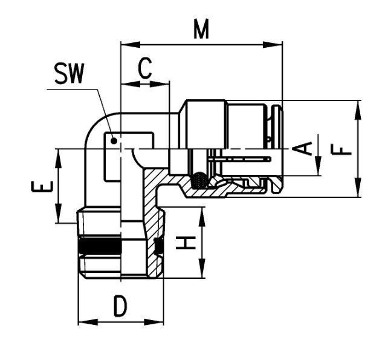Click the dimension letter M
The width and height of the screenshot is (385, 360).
coord(201,29)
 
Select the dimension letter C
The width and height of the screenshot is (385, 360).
coord(145,68)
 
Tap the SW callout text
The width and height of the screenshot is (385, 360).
coord(70,73)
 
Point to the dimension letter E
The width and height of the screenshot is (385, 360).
coord(42,186)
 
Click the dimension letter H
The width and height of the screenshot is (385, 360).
coord(186,243)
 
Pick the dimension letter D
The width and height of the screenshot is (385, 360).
coord(120,306)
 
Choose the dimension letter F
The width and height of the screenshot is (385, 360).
coord(341,149)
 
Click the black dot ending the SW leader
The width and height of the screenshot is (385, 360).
coord(114,141)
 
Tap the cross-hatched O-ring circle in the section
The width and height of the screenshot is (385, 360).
coord(199,180)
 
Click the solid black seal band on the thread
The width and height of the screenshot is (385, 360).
coord(100,246)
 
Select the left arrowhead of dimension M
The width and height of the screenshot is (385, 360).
coord(131,45)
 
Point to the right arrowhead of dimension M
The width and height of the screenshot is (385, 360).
coord(273,45)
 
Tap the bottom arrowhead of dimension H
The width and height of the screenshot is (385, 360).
coord(202,269)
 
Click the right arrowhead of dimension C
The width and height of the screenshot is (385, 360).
coord(160,83)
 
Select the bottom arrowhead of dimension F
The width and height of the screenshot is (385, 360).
coord(358,187)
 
